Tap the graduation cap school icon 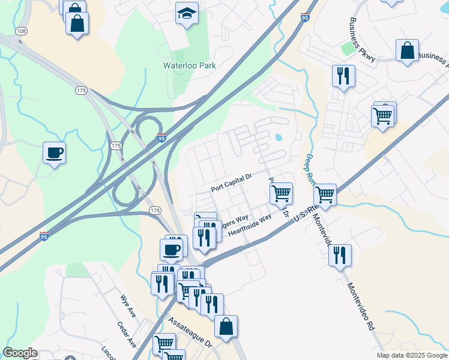tap(187, 13)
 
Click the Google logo tap(20, 353)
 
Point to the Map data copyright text tap(412, 355)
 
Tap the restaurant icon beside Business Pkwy tap(343, 76)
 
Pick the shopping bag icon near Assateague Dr tap(226, 326)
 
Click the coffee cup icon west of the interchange tap(54, 152)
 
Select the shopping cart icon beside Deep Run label tap(325, 194)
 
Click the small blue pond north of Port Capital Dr tap(279, 137)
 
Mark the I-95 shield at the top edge tap(306, 18)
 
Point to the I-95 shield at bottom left tap(44, 237)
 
